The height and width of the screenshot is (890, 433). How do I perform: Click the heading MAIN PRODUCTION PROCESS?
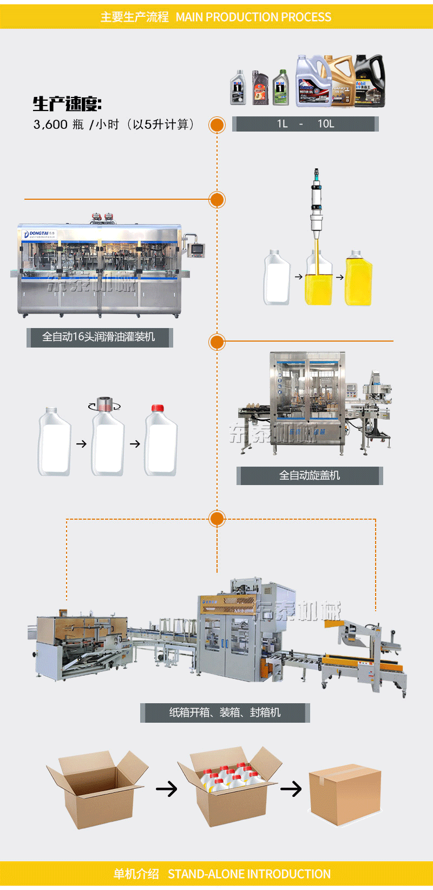pyautogui.click(x=253, y=17)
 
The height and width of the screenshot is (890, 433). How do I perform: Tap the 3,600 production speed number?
pyautogui.click(x=50, y=125)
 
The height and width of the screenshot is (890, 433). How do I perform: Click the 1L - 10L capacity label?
pyautogui.click(x=305, y=124)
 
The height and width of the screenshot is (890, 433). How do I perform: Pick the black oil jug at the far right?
pyautogui.click(x=370, y=80)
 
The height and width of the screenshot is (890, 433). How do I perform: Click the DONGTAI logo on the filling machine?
pyautogui.click(x=37, y=233)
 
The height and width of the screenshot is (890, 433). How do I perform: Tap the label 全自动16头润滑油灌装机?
pyautogui.click(x=99, y=337)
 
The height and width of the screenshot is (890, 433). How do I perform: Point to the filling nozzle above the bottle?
pyautogui.click(x=316, y=206)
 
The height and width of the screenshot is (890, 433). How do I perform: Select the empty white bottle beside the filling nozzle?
pyautogui.click(x=277, y=279)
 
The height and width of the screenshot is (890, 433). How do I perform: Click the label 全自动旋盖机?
pyautogui.click(x=310, y=475)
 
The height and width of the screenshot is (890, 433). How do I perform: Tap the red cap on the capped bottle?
pyautogui.click(x=158, y=408)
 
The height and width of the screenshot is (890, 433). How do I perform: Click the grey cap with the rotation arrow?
pyautogui.click(x=104, y=404)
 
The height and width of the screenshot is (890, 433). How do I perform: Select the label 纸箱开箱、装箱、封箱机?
pyautogui.click(x=225, y=712)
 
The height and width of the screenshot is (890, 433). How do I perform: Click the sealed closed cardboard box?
pyautogui.click(x=344, y=793)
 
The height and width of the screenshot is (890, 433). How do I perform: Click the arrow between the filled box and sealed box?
pyautogui.click(x=291, y=789)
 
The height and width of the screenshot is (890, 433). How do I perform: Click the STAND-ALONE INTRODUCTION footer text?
pyautogui.click(x=249, y=874)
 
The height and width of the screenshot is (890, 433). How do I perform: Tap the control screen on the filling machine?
pyautogui.click(x=198, y=250)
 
